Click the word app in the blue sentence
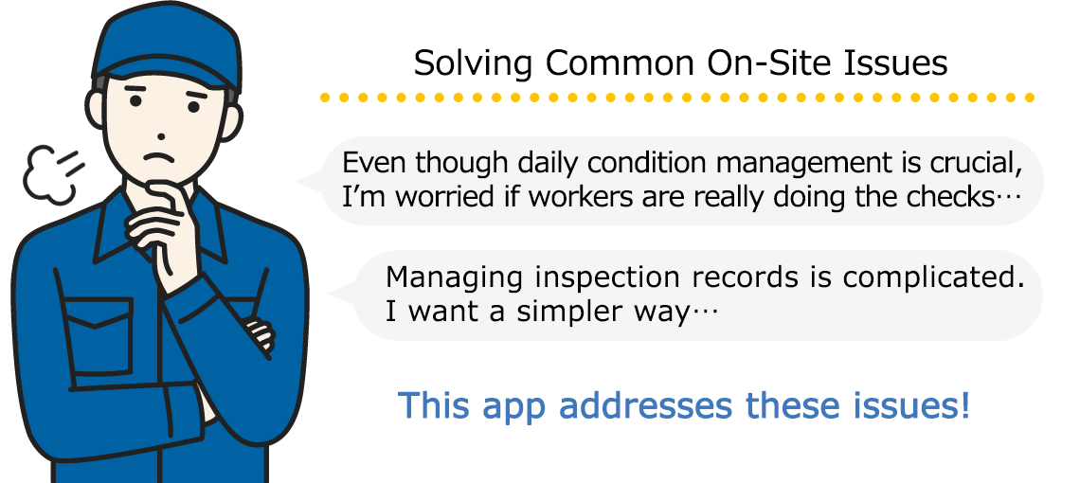[x=513, y=407]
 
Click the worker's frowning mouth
[x=159, y=157]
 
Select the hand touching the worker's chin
[x=160, y=227]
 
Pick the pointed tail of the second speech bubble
[x=337, y=295]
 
